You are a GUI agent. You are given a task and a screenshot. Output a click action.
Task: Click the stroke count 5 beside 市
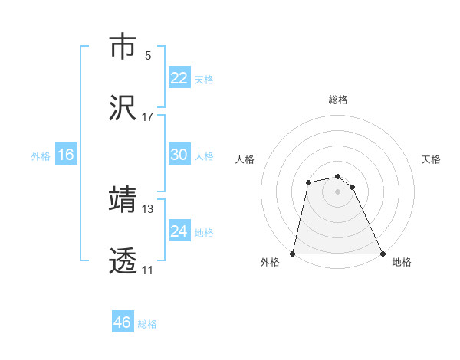(x=148, y=56)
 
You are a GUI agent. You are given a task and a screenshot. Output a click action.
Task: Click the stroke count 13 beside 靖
(x=148, y=208)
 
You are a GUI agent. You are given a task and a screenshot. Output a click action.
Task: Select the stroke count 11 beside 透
(x=148, y=270)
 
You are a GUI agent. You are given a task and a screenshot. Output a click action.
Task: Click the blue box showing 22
(x=179, y=78)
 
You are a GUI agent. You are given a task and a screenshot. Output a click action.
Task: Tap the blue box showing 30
(x=179, y=155)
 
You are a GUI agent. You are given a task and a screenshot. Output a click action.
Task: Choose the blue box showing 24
(x=179, y=231)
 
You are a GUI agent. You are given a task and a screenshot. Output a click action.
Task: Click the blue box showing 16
(x=66, y=155)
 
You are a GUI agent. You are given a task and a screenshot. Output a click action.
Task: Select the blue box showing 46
(x=123, y=322)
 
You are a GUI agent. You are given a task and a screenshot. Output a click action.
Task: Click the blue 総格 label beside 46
(x=147, y=324)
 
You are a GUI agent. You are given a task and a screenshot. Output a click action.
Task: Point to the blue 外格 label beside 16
(x=41, y=156)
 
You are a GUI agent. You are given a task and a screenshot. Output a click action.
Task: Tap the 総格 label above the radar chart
(x=337, y=100)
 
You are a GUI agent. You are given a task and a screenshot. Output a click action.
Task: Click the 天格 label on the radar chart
(x=431, y=159)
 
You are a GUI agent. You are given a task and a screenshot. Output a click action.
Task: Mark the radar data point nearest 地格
(x=382, y=253)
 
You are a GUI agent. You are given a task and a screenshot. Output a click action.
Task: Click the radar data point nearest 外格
(x=293, y=253)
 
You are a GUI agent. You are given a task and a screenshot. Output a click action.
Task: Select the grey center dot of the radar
(x=337, y=191)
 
